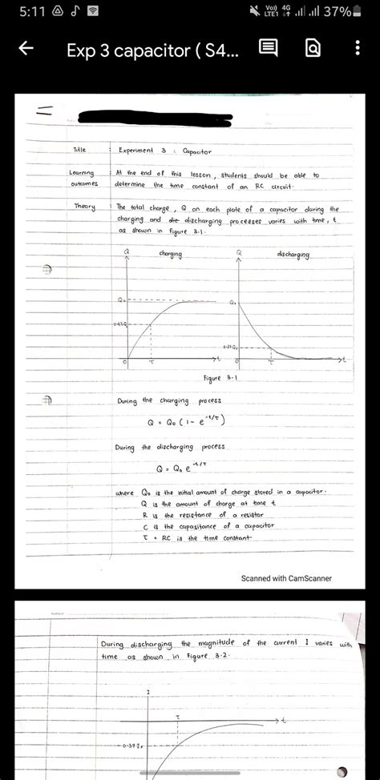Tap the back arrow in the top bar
pos(25,50)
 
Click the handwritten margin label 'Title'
pos(79,150)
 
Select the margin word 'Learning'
pos(82,174)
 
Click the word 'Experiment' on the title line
pos(142,150)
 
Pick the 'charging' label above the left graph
pos(171,254)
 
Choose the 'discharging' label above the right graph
pos(293,254)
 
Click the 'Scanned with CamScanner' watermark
pos(286,577)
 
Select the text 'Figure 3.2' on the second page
pos(202,657)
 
